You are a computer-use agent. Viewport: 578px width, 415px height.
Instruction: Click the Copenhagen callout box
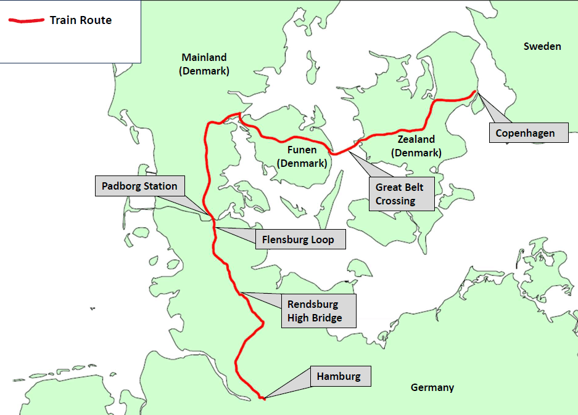tap(525, 133)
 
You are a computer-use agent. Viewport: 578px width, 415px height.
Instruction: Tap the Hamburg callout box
tap(339, 376)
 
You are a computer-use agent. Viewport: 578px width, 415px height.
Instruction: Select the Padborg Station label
tap(139, 186)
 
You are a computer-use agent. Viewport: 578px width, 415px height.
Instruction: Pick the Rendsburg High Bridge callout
tap(315, 311)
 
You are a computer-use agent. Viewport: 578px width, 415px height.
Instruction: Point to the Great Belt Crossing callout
tap(401, 194)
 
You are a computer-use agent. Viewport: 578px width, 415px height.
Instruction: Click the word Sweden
tap(542, 46)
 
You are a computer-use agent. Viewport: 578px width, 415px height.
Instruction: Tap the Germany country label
tap(432, 387)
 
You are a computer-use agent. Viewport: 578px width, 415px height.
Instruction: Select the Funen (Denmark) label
tap(302, 156)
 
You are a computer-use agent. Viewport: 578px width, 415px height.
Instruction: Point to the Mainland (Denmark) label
tap(204, 64)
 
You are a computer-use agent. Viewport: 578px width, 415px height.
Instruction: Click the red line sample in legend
tap(26, 20)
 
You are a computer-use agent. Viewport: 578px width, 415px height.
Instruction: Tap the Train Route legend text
tap(81, 20)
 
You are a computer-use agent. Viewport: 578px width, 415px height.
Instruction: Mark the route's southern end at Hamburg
tap(262, 398)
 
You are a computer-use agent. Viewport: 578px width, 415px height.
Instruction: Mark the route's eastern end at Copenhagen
tap(475, 92)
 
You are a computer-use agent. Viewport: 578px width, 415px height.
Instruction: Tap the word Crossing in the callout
tap(395, 201)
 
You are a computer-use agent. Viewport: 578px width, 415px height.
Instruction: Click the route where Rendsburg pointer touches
tap(241, 292)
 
